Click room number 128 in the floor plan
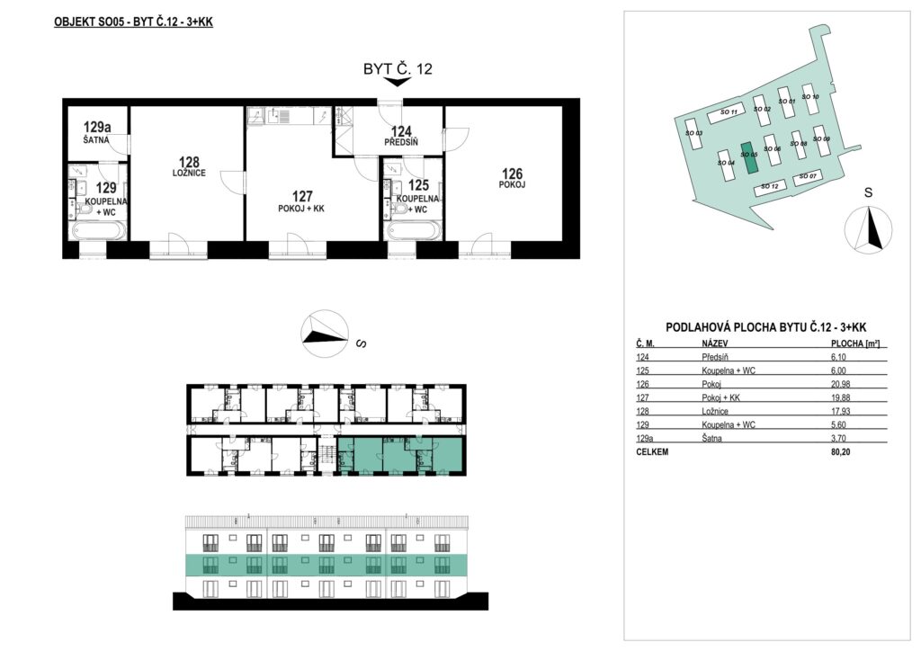tap(189, 162)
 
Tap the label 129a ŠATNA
tap(97, 131)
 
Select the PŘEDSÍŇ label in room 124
tap(401, 142)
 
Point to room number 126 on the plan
tap(512, 174)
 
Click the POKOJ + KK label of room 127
tap(302, 209)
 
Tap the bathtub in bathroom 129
tap(99, 230)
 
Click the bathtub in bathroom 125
tap(412, 230)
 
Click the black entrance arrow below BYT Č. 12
tap(398, 82)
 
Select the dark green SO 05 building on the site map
tap(749, 156)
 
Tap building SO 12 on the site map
tap(770, 187)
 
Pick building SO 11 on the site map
tap(727, 112)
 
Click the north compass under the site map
tap(868, 229)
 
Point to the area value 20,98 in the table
tap(841, 384)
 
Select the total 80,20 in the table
tap(841, 452)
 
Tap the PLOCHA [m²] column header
tap(854, 344)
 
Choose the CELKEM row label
tap(652, 452)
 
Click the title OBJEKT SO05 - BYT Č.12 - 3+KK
tap(133, 22)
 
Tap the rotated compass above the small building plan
tap(324, 334)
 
